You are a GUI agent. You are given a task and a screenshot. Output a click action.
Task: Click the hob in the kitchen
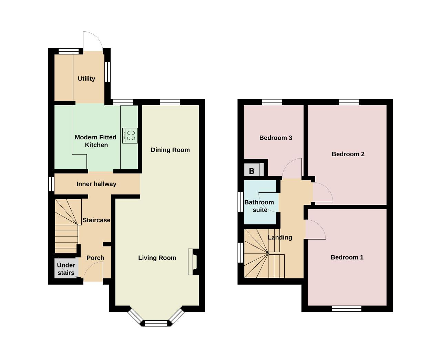(x=130, y=136)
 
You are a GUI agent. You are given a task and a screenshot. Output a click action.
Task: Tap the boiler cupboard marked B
(x=254, y=169)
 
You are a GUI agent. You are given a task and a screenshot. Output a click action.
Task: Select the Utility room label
(x=86, y=78)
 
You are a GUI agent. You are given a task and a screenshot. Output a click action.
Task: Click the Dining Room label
(x=170, y=150)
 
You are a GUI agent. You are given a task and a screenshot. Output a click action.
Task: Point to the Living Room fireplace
(x=193, y=262)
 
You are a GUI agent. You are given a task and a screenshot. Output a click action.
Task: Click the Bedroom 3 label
(x=276, y=138)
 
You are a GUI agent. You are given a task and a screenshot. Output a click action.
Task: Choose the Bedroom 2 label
(x=348, y=154)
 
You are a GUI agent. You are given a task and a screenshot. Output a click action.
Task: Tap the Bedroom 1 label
(x=347, y=257)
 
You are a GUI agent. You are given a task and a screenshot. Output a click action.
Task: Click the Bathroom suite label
(x=259, y=206)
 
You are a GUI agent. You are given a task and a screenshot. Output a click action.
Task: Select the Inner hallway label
(x=96, y=184)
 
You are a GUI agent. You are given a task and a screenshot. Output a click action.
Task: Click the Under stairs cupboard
(x=66, y=268)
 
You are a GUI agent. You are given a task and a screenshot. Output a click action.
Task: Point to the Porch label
(x=95, y=258)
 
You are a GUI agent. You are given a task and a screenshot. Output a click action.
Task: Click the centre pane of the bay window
(x=156, y=323)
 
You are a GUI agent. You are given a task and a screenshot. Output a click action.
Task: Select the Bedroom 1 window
(x=347, y=309)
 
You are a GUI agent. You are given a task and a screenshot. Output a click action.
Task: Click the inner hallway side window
(x=51, y=184)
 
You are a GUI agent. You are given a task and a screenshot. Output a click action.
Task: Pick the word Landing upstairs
(x=280, y=237)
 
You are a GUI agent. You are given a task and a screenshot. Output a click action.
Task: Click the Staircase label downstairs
(x=96, y=220)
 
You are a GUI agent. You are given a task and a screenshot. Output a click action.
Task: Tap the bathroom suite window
(x=241, y=202)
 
